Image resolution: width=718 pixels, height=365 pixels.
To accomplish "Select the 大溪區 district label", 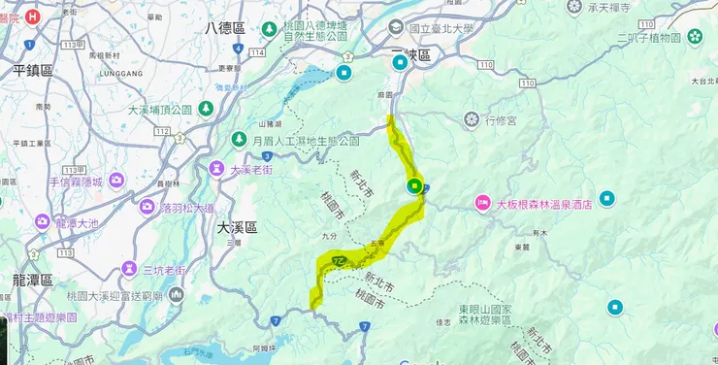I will coord(237,226).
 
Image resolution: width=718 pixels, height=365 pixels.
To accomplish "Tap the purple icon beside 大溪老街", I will coord(218,169).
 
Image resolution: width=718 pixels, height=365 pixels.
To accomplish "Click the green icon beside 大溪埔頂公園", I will coord(206,109).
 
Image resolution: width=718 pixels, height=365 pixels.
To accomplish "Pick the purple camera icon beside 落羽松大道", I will coord(147,207).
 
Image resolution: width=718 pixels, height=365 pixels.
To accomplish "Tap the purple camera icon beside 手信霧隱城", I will coord(116,180).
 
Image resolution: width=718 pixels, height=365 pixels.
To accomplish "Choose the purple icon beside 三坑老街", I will coord(129,269).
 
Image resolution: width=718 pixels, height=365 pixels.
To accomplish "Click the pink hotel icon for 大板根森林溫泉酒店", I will coord(481,203).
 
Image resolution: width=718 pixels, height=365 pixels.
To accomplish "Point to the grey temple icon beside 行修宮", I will coord(472,119).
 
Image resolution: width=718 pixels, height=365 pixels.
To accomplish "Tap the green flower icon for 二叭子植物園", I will coord(695,37).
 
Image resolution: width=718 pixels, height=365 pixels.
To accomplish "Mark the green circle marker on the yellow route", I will coord(414,186).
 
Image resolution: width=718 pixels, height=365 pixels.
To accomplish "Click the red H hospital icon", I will coord(33,17).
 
